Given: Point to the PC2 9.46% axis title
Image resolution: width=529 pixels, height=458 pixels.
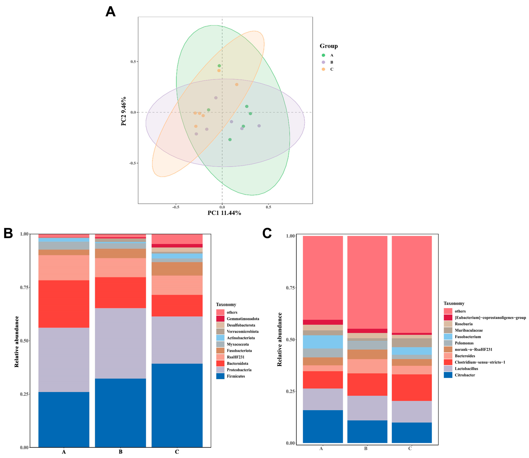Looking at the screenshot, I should click(124, 111).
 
